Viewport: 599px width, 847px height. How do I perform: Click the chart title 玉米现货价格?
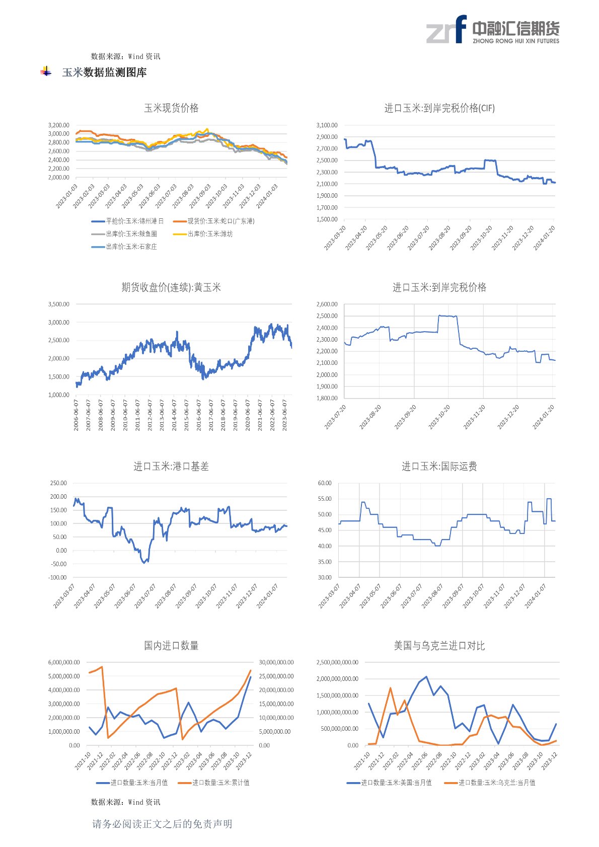coord(171,108)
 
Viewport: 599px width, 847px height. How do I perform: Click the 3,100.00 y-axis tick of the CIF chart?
coord(327,125)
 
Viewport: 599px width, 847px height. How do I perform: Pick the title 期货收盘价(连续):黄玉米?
coord(171,287)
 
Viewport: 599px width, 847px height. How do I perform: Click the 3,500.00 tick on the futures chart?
coord(58,304)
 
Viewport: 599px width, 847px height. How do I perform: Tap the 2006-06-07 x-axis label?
coord(77,415)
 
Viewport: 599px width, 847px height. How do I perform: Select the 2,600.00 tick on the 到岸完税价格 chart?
coord(327,304)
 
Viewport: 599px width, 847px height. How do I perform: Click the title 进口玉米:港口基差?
coord(171,467)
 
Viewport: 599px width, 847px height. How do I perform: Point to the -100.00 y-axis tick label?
coord(58,578)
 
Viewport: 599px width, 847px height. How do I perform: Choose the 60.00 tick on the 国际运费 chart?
coord(325,483)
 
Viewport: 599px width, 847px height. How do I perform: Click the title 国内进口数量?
coord(171,646)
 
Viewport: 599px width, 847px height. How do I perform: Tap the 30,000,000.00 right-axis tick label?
coord(276,662)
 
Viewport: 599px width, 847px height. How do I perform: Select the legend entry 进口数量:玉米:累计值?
coord(220,783)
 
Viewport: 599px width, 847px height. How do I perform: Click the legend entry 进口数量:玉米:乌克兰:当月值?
coord(496,783)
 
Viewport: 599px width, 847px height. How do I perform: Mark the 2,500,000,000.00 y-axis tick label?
coord(337,662)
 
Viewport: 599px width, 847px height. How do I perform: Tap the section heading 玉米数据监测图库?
coord(104,72)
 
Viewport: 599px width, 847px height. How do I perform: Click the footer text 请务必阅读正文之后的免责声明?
coord(162,824)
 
